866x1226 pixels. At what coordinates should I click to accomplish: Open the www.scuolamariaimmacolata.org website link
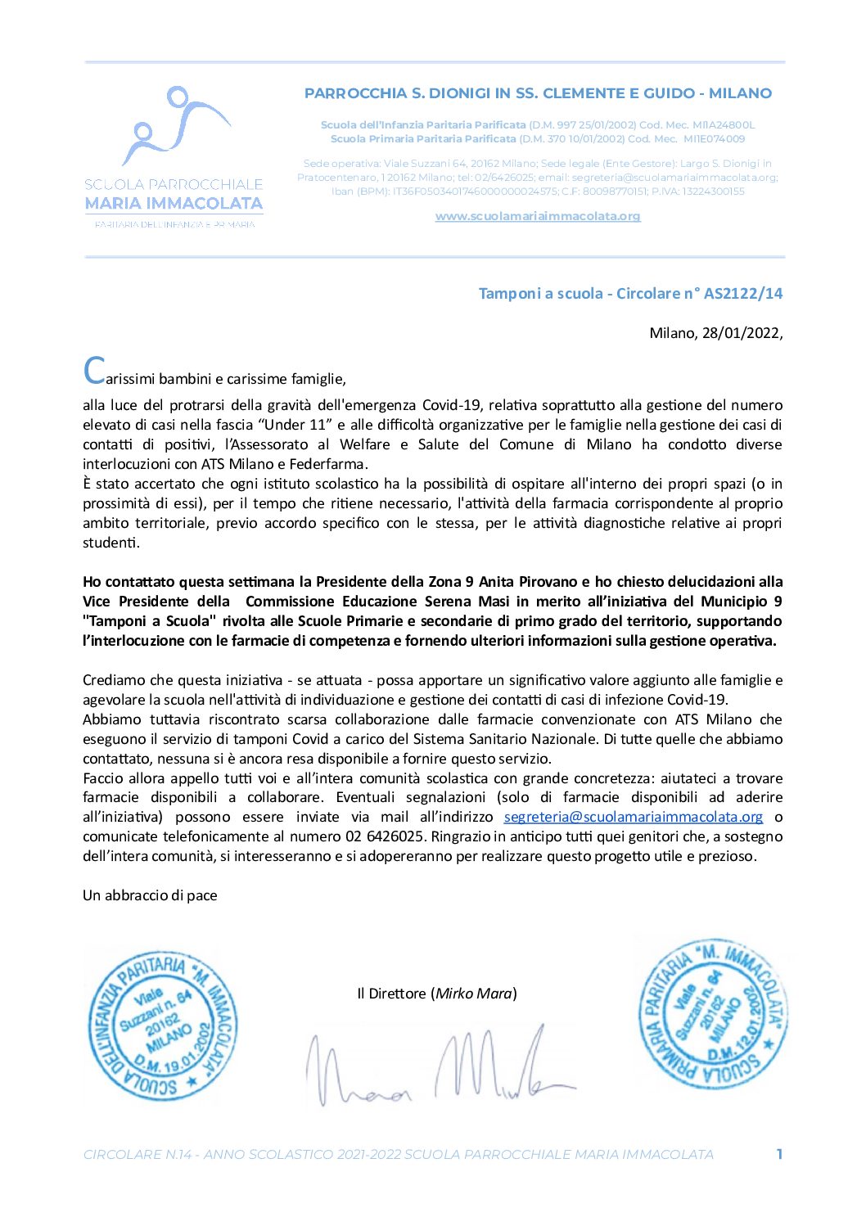point(537,216)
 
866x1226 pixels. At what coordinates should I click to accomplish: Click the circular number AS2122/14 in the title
point(742,293)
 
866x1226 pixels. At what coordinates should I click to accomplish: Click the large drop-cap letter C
point(94,371)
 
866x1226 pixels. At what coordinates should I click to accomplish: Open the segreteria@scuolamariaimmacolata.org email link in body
point(633,817)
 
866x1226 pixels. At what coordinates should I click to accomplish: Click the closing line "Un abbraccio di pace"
point(150,895)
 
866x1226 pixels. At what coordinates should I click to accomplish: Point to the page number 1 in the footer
point(779,1154)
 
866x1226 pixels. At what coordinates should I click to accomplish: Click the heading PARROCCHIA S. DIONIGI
point(537,93)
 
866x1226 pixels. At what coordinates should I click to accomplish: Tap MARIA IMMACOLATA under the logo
point(174,204)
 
